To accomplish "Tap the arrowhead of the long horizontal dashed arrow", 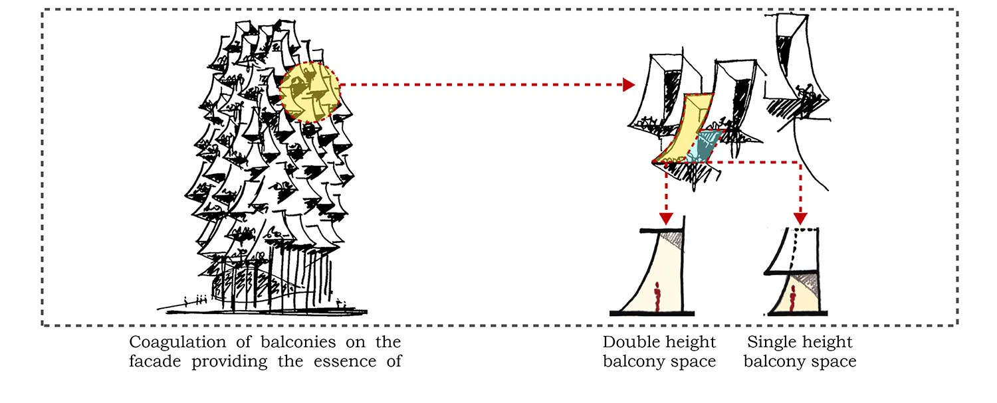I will (x=627, y=85).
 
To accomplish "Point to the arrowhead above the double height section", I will (x=666, y=218).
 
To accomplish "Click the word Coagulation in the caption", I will (x=175, y=343).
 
